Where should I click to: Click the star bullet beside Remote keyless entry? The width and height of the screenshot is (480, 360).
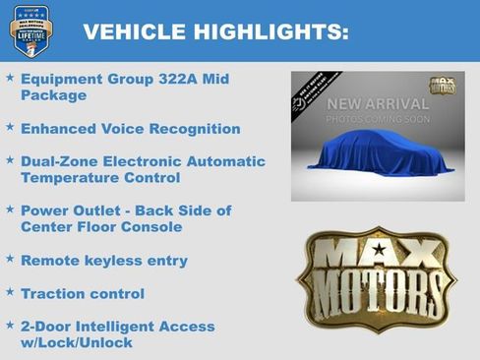[x=10, y=260]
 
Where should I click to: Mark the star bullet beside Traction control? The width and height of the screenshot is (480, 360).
[x=10, y=292]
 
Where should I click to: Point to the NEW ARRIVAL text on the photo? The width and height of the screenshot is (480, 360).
[x=378, y=104]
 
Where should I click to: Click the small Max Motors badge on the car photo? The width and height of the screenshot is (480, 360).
[x=441, y=86]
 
